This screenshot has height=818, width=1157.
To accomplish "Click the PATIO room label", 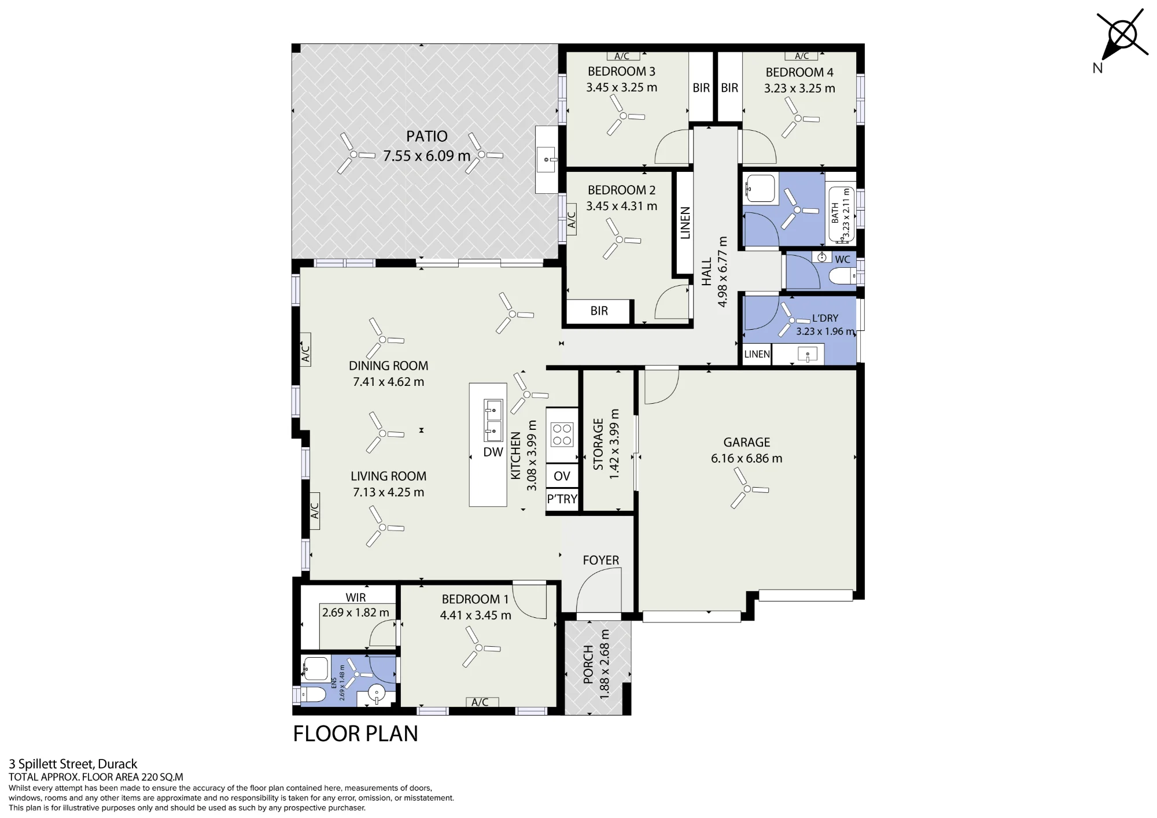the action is point(427,137).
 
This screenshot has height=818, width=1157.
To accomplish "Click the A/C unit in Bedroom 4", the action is point(802,56).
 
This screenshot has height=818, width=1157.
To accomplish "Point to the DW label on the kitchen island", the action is point(493,452).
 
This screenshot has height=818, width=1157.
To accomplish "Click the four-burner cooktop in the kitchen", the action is point(562,435).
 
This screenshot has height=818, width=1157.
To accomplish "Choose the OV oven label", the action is point(562,476).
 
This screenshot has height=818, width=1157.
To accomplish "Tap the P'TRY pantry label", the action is point(562,499).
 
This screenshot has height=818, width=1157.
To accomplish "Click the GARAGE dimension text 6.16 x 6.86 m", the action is point(746,459).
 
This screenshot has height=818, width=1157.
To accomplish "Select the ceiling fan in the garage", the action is point(748,489).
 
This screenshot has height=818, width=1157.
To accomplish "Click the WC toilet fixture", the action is point(842,277).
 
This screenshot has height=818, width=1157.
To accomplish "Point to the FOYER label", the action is point(600,560).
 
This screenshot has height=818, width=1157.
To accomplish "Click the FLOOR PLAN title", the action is point(355,734).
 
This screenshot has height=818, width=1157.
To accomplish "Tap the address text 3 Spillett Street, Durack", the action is point(73,764).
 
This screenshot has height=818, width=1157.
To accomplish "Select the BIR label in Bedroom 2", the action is point(599,311).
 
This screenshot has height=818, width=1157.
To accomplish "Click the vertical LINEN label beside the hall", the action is point(686,223).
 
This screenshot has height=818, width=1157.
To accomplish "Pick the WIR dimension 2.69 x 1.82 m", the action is point(356,613).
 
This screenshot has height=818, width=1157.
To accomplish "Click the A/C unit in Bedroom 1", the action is point(480,702).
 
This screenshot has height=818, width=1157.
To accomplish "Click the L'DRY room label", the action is point(825,318).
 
